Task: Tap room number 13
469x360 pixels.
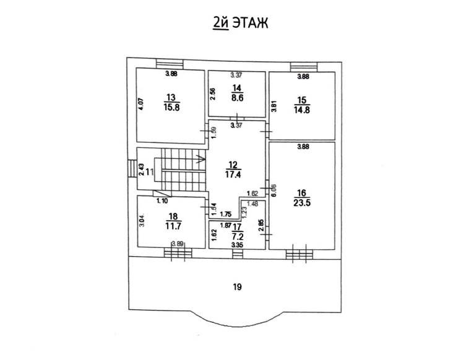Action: [x=171, y=96]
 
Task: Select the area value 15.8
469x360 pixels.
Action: [x=171, y=106]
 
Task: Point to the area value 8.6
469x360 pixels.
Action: [x=237, y=98]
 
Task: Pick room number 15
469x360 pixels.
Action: [x=301, y=101]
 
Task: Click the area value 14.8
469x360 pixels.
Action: [x=301, y=111]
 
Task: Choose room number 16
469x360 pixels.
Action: [x=301, y=192]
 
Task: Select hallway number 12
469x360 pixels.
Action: [x=233, y=165]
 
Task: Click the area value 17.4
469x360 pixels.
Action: [x=233, y=174]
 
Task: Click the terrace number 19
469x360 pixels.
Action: [x=236, y=286]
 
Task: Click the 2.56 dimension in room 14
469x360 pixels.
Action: [x=213, y=95]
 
